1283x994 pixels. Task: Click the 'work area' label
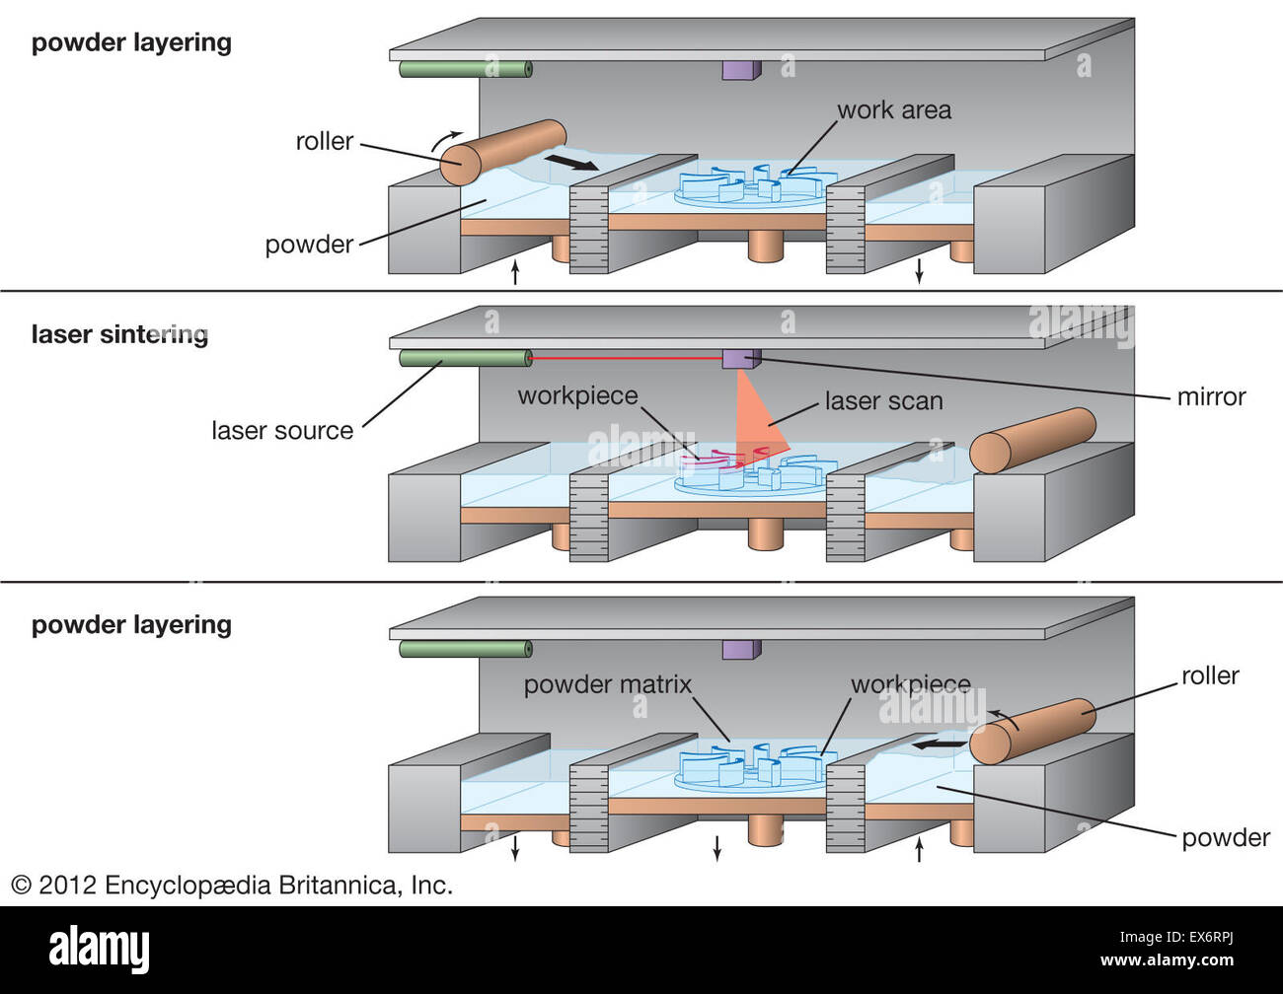pos(894,109)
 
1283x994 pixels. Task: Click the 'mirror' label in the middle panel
pos(1211,396)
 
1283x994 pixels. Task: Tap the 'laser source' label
pos(282,430)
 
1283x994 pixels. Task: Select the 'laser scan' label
pos(883,401)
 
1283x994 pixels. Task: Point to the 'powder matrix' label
pos(607,684)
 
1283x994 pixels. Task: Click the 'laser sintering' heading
pos(119,334)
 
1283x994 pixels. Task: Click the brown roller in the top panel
pos(502,153)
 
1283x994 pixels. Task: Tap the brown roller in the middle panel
pos(1032,440)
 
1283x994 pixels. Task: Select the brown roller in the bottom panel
pos(1032,730)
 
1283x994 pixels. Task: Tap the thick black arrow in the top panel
pos(571,160)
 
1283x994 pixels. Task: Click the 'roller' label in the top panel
pos(324,141)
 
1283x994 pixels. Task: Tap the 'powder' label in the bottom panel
pos(1225,837)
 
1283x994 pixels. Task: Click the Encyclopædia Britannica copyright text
pos(232,885)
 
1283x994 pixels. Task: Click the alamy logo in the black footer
pos(99,950)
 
